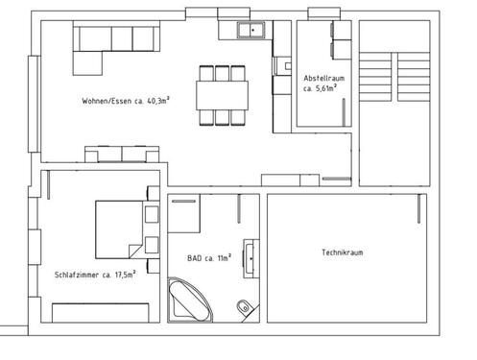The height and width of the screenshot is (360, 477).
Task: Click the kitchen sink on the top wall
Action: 252,31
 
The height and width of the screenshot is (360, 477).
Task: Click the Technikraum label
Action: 344,252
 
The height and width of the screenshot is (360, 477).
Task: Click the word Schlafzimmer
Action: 81,274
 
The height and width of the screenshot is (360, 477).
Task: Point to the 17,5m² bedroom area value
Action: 123,274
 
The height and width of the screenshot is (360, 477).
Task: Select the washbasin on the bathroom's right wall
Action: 251,255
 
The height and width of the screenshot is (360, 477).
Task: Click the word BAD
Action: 195,257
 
